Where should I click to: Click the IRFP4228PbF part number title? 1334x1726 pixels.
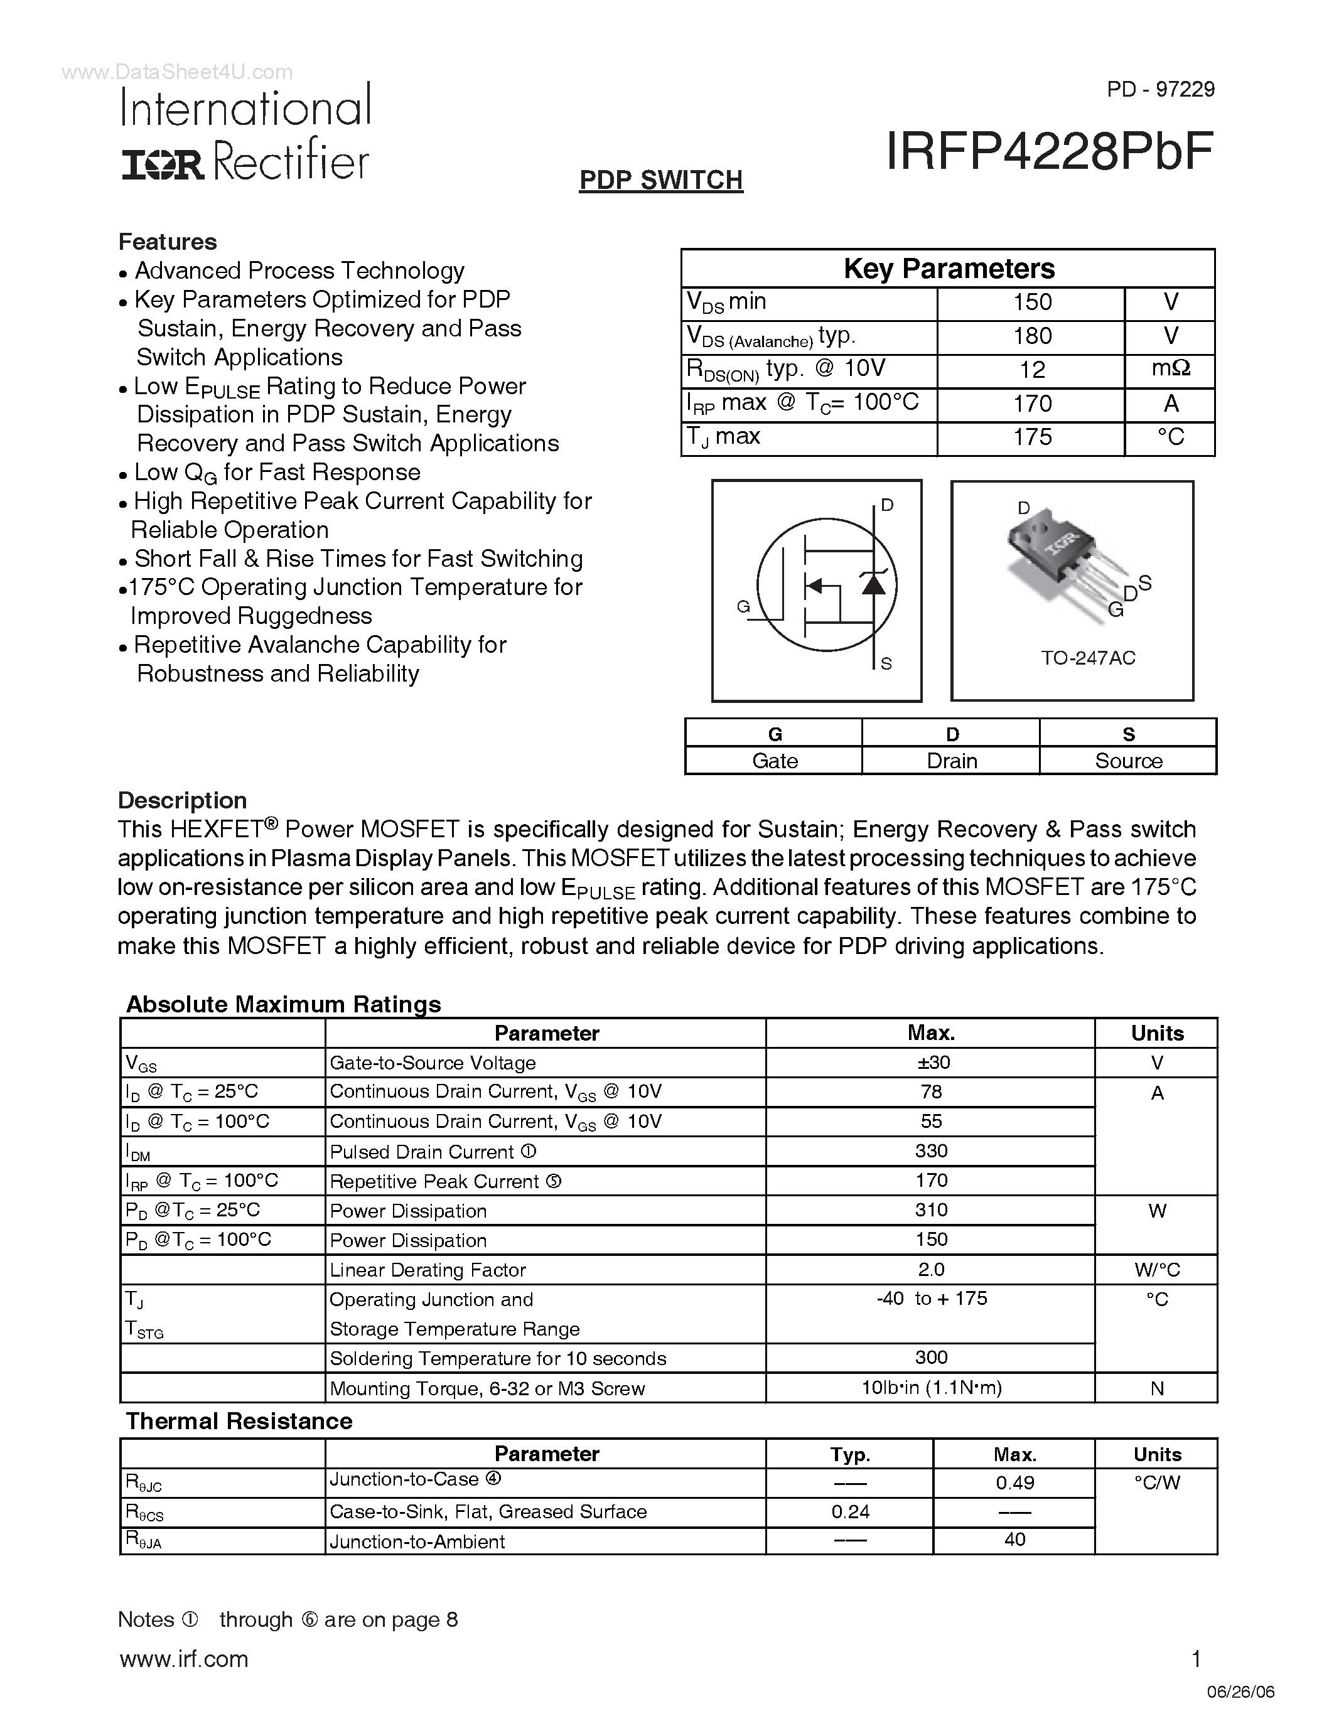click(1049, 153)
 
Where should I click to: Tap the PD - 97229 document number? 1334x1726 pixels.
click(1160, 89)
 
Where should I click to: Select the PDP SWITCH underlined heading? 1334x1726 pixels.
click(660, 180)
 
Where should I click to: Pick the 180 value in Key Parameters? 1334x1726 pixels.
click(1031, 336)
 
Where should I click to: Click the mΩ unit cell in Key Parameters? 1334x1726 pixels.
click(1170, 369)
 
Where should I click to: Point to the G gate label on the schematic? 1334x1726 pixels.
click(743, 606)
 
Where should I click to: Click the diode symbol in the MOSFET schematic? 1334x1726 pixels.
click(873, 583)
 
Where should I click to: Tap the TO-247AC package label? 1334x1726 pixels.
click(1087, 658)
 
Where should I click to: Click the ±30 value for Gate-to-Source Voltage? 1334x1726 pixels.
click(931, 1062)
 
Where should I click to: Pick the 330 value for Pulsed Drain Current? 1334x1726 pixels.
click(931, 1150)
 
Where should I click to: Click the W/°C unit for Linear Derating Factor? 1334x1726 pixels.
click(1156, 1270)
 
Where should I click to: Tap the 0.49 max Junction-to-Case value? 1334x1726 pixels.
click(1014, 1482)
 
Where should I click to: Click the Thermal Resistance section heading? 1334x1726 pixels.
click(239, 1421)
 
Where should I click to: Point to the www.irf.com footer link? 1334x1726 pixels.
click(184, 1659)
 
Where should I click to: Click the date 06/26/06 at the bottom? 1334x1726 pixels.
click(1240, 1692)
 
